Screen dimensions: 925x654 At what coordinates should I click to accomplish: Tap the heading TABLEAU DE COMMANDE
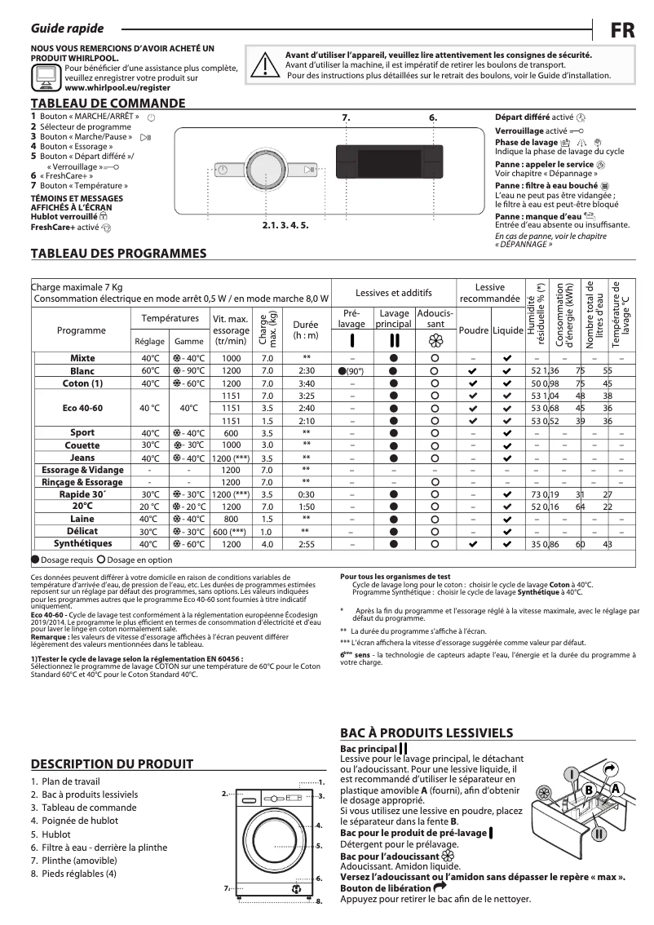(x=108, y=104)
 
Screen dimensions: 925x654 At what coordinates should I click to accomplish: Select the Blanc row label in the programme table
(x=82, y=370)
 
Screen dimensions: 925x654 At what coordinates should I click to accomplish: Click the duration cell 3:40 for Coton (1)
(x=307, y=383)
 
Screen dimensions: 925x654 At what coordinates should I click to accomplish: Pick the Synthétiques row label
(x=82, y=543)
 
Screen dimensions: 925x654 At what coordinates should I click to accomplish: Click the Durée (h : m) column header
(x=306, y=330)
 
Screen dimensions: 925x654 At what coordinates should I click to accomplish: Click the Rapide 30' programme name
(x=82, y=494)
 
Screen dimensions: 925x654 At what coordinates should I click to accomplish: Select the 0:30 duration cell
(x=307, y=494)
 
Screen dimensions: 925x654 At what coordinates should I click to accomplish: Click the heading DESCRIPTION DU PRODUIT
(x=112, y=764)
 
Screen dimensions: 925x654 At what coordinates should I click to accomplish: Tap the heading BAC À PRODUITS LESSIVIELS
(x=426, y=733)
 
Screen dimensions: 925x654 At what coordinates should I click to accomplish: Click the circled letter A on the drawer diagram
(x=616, y=789)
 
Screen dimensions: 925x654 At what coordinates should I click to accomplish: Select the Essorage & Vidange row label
(x=82, y=470)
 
